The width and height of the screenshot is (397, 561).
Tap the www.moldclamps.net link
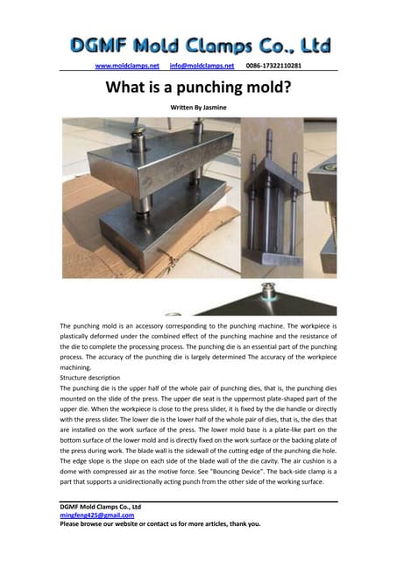tap(127, 66)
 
